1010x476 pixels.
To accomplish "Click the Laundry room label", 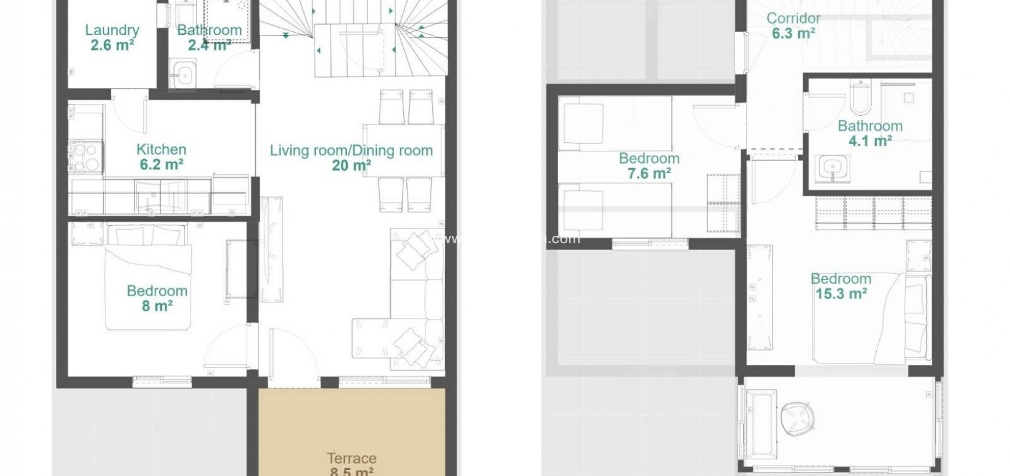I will [112, 30].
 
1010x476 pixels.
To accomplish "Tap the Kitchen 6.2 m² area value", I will [161, 164].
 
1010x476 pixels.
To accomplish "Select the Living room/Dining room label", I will [351, 150].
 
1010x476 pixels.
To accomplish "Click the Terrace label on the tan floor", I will [351, 458].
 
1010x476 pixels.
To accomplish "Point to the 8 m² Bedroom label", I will [157, 298].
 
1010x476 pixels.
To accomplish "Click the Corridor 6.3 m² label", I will [794, 26].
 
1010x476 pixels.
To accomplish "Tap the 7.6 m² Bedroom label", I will [649, 166].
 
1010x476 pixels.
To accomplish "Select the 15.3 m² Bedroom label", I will [840, 286].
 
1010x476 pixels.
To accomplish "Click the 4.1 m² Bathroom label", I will [869, 133].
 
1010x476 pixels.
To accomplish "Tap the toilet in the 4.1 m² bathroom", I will [858, 95].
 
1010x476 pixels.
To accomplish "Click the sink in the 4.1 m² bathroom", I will [832, 167].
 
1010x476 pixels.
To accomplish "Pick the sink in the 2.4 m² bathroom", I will [183, 74].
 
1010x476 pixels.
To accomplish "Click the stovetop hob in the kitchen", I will [86, 157].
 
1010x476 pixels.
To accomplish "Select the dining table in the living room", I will [403, 150].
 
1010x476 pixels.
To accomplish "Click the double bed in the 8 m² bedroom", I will [148, 277].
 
